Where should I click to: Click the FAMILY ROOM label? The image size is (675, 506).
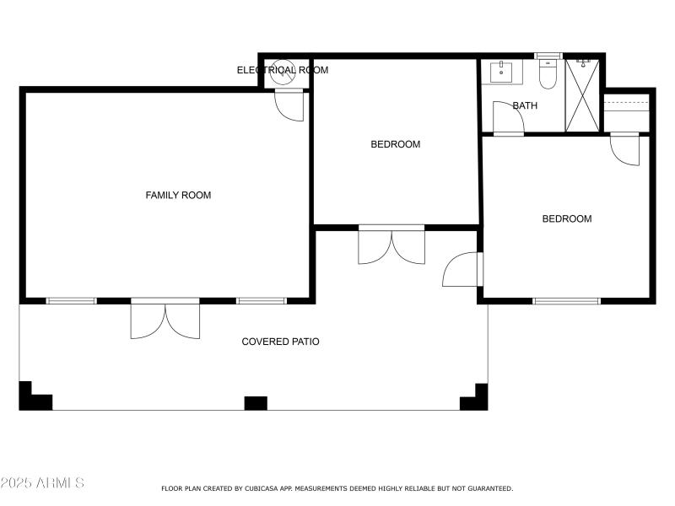pyautogui.click(x=178, y=195)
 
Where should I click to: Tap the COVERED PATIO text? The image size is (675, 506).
pyautogui.click(x=280, y=342)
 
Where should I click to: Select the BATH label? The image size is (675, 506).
pyautogui.click(x=525, y=105)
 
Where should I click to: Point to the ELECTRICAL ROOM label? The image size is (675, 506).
pyautogui.click(x=282, y=70)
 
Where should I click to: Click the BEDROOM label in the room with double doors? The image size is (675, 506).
pyautogui.click(x=395, y=144)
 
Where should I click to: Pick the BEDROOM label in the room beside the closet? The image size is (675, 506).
pyautogui.click(x=566, y=218)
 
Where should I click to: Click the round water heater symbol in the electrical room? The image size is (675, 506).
pyautogui.click(x=282, y=73)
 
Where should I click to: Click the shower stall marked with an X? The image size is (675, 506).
pyautogui.click(x=581, y=94)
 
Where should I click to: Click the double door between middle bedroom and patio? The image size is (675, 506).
pyautogui.click(x=391, y=245)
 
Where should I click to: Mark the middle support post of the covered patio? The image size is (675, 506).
pyautogui.click(x=256, y=403)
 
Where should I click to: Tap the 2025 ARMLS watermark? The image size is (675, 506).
pyautogui.click(x=42, y=483)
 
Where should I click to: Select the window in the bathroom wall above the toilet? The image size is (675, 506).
pyautogui.click(x=548, y=55)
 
